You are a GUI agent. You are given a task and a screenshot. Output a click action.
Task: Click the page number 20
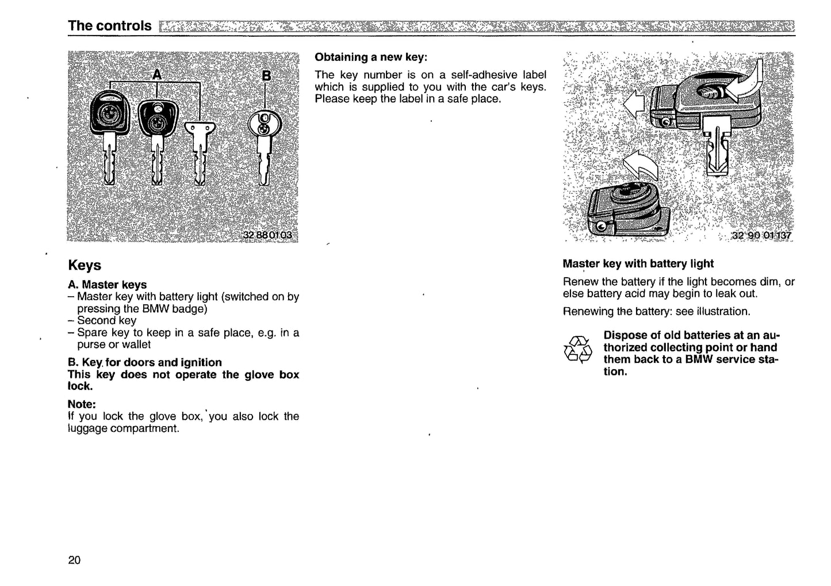click(x=74, y=560)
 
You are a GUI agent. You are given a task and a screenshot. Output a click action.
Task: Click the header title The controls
click(x=109, y=26)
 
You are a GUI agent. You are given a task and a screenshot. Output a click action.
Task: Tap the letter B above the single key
click(x=266, y=75)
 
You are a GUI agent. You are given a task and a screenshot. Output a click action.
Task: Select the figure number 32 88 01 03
click(x=267, y=235)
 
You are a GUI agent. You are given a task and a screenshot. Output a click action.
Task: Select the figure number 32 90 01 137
click(x=761, y=235)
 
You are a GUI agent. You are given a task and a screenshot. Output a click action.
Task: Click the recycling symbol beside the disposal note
click(x=577, y=349)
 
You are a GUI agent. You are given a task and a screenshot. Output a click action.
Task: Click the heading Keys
click(x=85, y=265)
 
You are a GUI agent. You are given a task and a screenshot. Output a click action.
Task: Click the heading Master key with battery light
click(x=638, y=263)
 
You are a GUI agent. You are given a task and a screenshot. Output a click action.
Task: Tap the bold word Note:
click(x=82, y=404)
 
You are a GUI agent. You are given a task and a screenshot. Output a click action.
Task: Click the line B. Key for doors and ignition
click(x=144, y=362)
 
